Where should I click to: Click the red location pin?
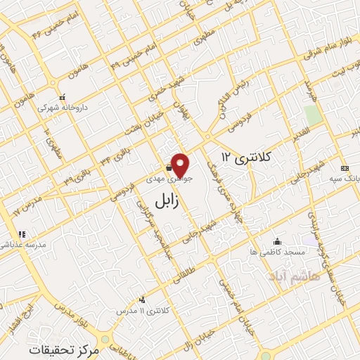tap(181, 164)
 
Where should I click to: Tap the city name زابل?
tap(165, 202)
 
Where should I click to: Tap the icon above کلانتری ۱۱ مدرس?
tap(143, 300)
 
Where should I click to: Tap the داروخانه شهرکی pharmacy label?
tap(63, 109)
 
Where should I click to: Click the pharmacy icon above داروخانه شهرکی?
tap(63, 98)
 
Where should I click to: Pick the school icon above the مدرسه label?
tap(22, 233)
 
